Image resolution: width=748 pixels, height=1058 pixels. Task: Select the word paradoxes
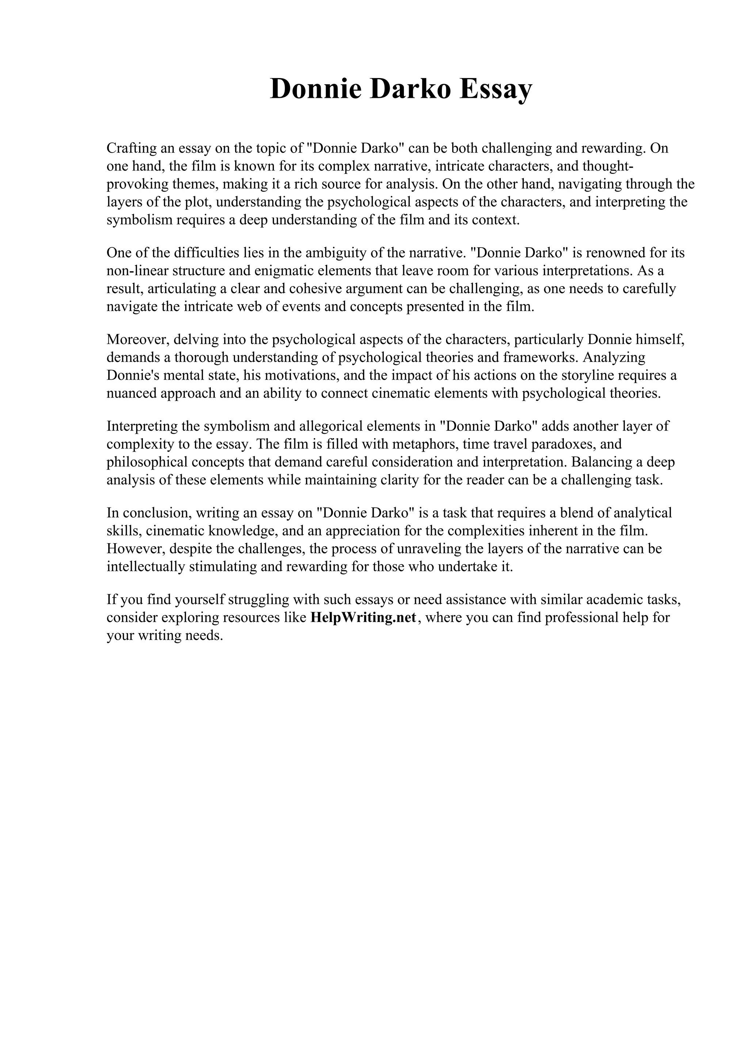(568, 444)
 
